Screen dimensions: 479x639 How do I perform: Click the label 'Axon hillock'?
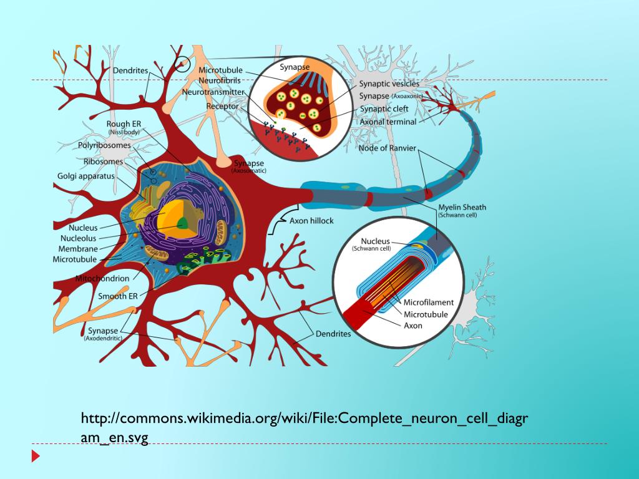coord(311,221)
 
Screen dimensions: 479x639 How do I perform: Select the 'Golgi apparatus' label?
coord(86,177)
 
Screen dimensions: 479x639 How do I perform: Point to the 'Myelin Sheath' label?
coord(462,207)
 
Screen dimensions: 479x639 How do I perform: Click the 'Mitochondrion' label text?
coord(102,278)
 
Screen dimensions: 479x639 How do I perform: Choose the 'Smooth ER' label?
coord(117,296)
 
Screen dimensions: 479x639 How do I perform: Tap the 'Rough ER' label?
coord(123,125)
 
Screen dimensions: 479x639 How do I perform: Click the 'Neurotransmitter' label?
coord(213,92)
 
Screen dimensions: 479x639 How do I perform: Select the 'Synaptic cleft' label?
coord(384,109)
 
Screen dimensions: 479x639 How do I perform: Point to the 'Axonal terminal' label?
coord(388,122)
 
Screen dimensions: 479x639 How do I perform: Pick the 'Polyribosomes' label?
coord(104,145)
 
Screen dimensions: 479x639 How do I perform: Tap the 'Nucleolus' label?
coord(78,238)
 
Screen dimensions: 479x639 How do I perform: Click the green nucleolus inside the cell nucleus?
coord(183,223)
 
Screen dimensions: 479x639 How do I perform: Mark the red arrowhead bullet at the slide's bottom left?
coord(36,456)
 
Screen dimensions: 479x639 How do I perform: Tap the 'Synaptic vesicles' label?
coord(389,83)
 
